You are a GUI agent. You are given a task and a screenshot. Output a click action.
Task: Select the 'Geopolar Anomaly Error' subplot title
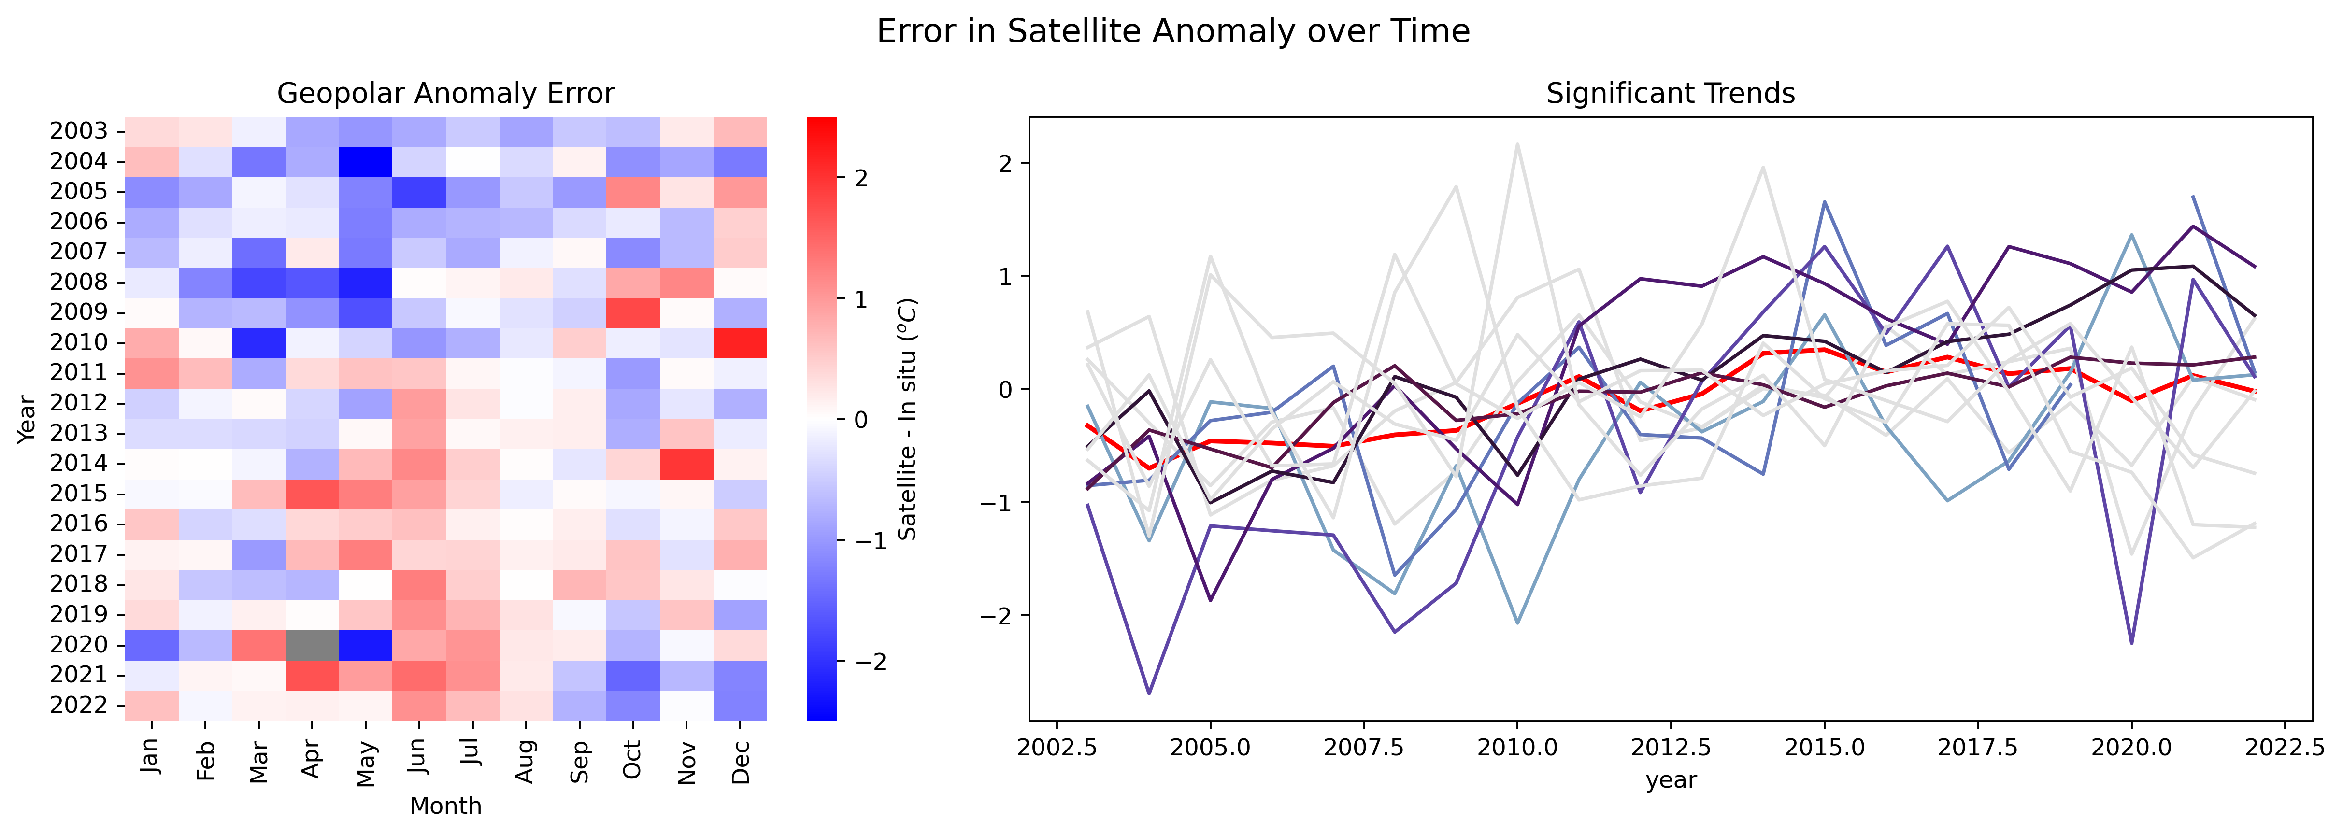point(446,94)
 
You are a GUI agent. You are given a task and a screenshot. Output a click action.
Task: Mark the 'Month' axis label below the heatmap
point(446,806)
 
